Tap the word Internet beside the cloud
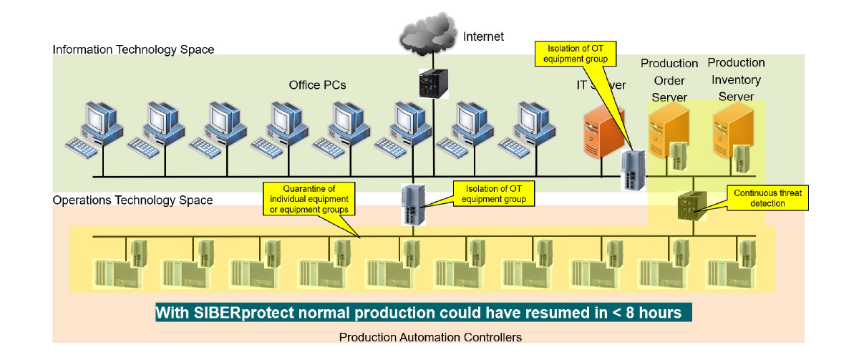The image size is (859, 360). point(483,36)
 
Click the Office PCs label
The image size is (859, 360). point(317,85)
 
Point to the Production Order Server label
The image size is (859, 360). point(669,80)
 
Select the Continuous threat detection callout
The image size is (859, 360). point(768,198)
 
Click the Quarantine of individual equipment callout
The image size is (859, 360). point(305,198)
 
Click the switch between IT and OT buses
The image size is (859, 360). point(414,204)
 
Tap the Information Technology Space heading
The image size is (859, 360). point(133,49)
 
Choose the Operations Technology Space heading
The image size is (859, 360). point(132,200)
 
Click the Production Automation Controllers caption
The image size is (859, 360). point(430,336)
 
